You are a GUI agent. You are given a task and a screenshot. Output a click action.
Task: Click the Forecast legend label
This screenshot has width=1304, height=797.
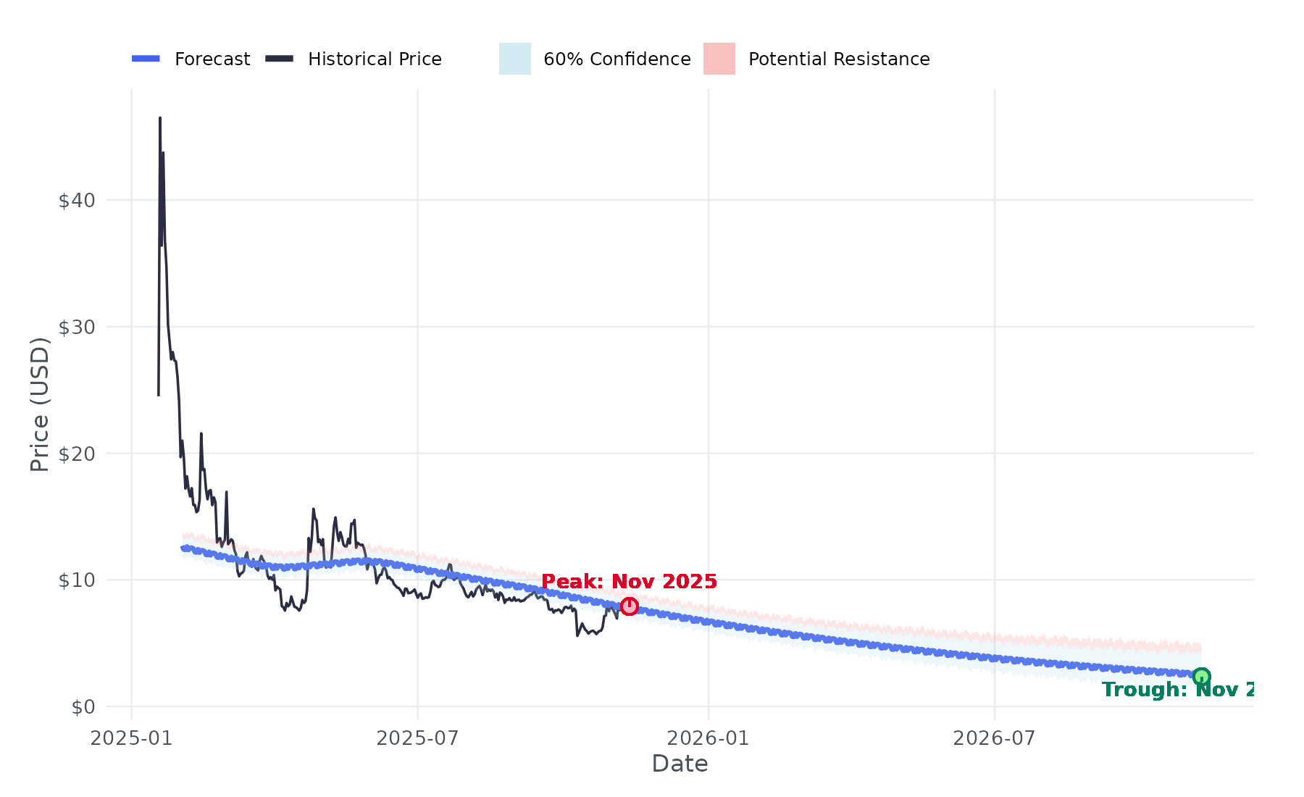(212, 59)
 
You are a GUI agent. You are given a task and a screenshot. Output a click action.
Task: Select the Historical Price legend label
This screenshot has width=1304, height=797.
(375, 59)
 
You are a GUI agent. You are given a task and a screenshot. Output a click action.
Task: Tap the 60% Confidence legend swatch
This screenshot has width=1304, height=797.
(514, 59)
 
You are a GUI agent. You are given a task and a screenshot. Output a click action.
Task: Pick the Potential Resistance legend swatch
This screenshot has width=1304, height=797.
(719, 59)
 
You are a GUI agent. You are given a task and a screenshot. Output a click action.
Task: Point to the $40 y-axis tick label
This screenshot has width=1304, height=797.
(77, 200)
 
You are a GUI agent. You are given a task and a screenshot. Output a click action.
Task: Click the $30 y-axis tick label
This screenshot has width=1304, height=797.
(77, 327)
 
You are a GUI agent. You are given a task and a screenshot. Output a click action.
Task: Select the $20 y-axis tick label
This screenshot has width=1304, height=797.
(77, 454)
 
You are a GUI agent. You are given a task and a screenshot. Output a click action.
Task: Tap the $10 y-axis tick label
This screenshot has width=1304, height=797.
(77, 580)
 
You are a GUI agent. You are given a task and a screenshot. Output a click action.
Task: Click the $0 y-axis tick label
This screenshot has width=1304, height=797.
(83, 707)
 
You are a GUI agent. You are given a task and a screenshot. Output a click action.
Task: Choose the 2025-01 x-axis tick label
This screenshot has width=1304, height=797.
(131, 738)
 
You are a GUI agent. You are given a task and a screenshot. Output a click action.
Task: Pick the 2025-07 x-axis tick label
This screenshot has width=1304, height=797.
(417, 738)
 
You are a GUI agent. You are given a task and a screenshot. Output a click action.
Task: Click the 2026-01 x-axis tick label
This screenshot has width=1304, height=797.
(708, 738)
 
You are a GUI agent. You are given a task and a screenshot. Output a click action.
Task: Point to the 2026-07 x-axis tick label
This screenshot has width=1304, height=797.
(994, 738)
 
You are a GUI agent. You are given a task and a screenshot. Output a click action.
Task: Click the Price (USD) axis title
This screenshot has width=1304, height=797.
(40, 404)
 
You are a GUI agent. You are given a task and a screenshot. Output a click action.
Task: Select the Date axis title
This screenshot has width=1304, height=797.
(680, 764)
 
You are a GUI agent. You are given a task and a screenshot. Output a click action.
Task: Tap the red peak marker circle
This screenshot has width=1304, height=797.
(629, 606)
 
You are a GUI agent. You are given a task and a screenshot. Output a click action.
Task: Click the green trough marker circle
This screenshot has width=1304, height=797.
(1201, 677)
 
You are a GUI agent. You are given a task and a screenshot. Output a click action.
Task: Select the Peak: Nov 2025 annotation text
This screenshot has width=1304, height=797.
(629, 582)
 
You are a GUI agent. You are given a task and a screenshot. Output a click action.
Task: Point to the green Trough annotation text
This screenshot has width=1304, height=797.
(1178, 690)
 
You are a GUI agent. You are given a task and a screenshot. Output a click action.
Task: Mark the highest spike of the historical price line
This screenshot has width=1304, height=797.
(160, 118)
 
